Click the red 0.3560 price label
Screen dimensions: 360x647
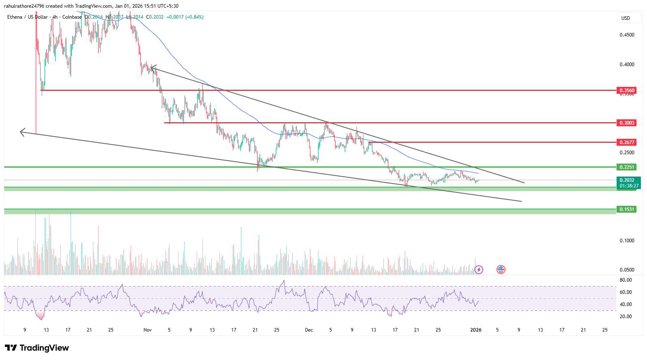tap(626, 90)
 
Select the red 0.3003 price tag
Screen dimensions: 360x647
tap(626, 123)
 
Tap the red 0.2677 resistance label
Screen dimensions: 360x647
tap(626, 142)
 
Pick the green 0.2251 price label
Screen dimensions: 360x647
tap(626, 167)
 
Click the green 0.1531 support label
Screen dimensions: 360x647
tap(626, 209)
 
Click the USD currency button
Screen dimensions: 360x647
tap(626, 18)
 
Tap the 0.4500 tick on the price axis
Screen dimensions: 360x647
tap(627, 35)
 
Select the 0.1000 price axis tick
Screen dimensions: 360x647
tap(627, 241)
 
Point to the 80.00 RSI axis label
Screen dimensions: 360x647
tap(626, 280)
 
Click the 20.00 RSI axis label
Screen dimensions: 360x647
tap(626, 317)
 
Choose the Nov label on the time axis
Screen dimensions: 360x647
tap(148, 330)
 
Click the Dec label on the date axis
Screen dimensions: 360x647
tap(309, 330)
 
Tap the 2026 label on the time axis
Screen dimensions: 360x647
tap(475, 330)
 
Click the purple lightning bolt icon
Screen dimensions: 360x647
tap(479, 269)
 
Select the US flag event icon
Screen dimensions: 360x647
tap(501, 269)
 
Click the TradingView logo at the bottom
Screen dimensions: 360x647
tap(37, 348)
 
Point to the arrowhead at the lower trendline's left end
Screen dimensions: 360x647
tap(21, 131)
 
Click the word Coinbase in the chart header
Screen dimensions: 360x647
tap(72, 17)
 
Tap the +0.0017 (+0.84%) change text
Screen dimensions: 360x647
tap(185, 17)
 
